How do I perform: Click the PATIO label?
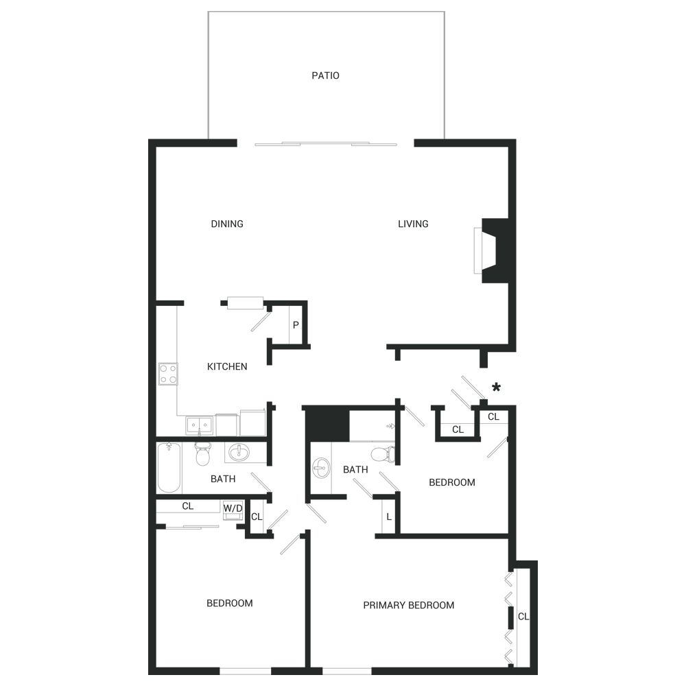pos(325,75)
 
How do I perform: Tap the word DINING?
pos(227,224)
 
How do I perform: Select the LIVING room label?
pos(413,224)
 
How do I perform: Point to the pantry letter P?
pos(295,324)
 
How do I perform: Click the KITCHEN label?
pos(227,366)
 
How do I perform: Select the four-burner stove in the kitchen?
pos(168,374)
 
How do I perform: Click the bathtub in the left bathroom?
pos(169,468)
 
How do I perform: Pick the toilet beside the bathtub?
pos(203,453)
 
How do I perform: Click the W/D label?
pos(233,508)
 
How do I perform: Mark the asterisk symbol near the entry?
pos(496,388)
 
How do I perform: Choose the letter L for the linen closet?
pos(389,517)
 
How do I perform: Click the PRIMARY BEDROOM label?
pos(408,605)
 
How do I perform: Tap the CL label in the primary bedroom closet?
pos(524,617)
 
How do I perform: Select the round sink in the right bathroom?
pos(320,469)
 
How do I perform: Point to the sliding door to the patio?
pos(326,144)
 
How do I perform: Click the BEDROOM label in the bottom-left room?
pos(229,603)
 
